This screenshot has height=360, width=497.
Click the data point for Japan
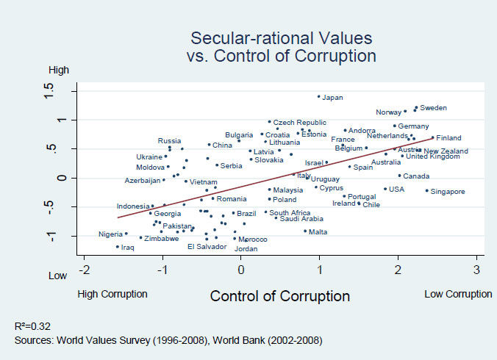pos(318,96)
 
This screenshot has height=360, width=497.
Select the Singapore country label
pos(448,192)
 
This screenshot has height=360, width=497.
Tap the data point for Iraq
pos(117,247)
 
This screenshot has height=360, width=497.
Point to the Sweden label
pos(433,108)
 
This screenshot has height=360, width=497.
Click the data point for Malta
pos(305,231)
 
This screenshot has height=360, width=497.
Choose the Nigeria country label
pos(111,234)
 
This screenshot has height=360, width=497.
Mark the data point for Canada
pos(399,176)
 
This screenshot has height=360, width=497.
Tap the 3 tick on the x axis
pos(476,269)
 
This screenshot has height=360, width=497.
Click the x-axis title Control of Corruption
pos(279,296)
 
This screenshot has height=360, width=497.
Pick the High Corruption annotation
pos(112,294)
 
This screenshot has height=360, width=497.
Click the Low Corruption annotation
pos(457,294)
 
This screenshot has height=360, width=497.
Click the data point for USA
pos(385,189)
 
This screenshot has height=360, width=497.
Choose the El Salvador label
pos(207,247)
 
